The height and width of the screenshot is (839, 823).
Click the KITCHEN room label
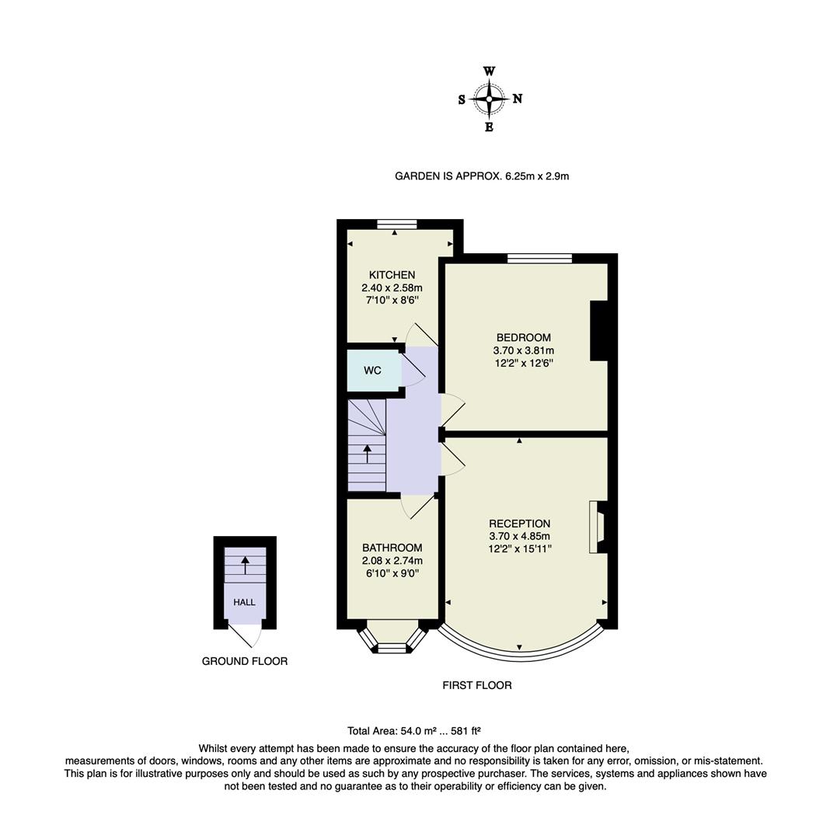(x=392, y=275)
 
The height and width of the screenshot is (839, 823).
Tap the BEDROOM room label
(x=523, y=337)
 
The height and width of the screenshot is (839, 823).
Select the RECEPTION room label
(x=519, y=524)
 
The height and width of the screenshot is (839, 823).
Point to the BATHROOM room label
(x=392, y=548)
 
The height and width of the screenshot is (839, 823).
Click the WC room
(x=373, y=371)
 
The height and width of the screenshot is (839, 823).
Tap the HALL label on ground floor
(x=244, y=602)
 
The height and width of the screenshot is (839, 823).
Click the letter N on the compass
(x=518, y=99)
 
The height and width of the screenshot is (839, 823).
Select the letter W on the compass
(x=490, y=71)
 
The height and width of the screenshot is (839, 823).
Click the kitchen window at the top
(x=396, y=225)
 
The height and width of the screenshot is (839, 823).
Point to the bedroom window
(x=539, y=258)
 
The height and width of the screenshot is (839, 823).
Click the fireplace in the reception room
(x=596, y=527)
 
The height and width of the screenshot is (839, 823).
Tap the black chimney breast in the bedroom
(x=598, y=331)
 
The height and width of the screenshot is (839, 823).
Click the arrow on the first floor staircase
(x=367, y=454)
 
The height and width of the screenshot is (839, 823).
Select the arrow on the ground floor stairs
(x=246, y=565)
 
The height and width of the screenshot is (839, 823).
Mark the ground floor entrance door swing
(x=249, y=635)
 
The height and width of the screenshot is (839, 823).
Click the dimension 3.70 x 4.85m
(x=519, y=537)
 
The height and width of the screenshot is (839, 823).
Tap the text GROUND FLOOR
(x=245, y=661)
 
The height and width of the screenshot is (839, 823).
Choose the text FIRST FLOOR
(x=477, y=685)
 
